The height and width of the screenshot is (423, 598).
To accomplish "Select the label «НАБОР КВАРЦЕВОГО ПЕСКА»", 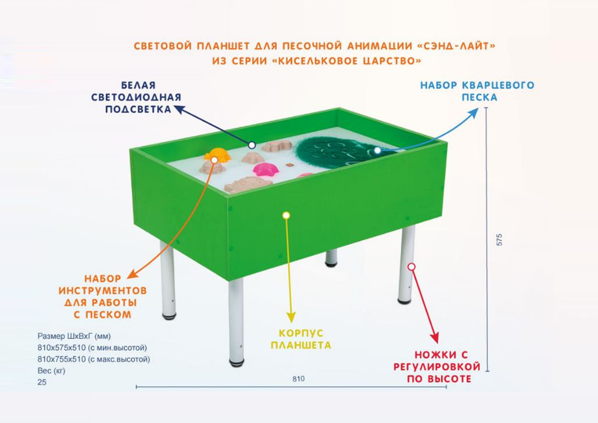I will (x=478, y=90).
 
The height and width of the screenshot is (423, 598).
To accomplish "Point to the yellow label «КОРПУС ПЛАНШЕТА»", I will (x=301, y=339).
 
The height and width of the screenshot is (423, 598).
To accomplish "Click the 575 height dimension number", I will (x=500, y=239).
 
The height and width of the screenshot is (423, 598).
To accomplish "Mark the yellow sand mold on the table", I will (x=216, y=156).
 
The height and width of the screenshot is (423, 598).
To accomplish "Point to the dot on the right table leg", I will (x=411, y=266).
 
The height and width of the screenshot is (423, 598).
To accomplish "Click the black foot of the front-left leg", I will (x=237, y=361).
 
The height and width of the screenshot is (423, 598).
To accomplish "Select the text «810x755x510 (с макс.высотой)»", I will (x=93, y=359).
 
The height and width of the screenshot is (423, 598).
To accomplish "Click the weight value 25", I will (x=41, y=382).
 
